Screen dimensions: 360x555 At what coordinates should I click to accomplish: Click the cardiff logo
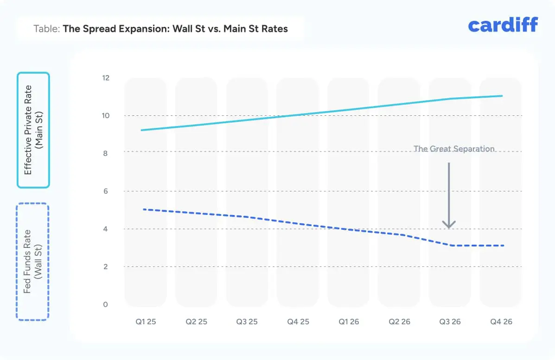tap(503, 25)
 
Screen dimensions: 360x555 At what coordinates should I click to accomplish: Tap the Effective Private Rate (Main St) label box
tap(33, 130)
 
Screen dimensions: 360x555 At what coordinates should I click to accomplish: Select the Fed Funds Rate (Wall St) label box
tap(32, 262)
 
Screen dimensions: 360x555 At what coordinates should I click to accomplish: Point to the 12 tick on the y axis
tap(105, 78)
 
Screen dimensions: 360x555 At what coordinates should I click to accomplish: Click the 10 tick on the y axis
tap(105, 115)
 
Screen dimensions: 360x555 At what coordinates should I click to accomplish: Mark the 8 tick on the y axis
tap(105, 153)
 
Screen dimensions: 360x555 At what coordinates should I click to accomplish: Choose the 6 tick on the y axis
tap(105, 191)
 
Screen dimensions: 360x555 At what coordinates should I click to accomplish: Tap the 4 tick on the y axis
tap(105, 229)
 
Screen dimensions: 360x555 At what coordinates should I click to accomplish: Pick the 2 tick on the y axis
tap(105, 266)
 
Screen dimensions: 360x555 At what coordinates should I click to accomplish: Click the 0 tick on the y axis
tap(105, 304)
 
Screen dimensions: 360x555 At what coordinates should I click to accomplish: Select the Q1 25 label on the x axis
tap(145, 322)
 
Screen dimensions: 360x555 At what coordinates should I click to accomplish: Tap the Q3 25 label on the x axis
tap(247, 322)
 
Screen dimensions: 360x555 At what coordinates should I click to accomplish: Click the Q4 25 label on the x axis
tap(298, 322)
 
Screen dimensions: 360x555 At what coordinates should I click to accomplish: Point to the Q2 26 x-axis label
tap(399, 322)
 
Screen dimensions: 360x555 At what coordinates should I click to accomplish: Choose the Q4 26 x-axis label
tap(501, 322)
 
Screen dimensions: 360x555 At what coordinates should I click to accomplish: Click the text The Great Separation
tap(454, 149)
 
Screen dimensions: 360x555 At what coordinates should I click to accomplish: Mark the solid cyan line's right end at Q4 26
tap(502, 96)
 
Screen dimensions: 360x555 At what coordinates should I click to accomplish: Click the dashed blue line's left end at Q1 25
tap(144, 209)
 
